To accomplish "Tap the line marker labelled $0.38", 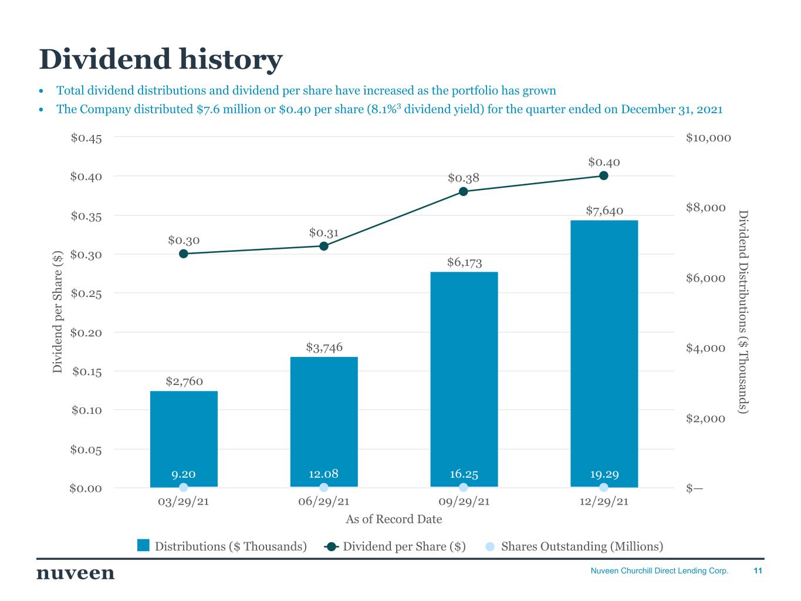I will point(464,191).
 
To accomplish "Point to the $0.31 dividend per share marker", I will point(324,246).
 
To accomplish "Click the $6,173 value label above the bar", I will point(464,262).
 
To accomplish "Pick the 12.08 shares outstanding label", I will point(323,474).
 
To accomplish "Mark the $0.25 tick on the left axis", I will point(86,293).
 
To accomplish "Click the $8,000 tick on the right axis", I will point(705,208).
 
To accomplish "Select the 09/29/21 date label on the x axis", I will point(464,502).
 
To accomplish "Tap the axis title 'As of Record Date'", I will point(394,519).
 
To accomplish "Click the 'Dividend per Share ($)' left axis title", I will point(58,312).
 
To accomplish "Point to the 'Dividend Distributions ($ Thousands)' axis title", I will point(743,312).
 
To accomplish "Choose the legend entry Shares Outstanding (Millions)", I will point(582,546).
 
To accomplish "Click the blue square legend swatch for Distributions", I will point(144,546).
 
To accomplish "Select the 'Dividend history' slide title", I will point(160,59).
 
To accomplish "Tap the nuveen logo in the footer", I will point(76,573).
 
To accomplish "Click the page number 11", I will point(758,570).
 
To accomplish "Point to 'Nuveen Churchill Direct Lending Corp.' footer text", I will point(659,570).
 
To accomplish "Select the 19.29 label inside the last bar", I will point(604,474).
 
